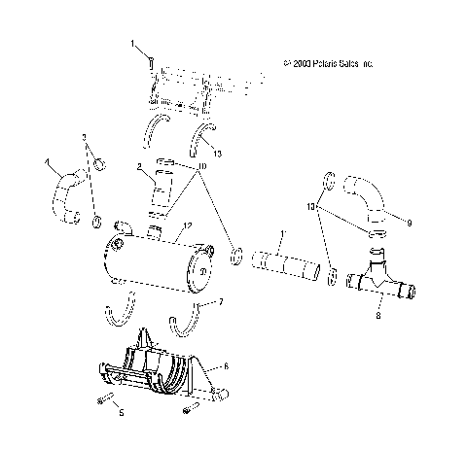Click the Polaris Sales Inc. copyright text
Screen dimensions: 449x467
pyautogui.click(x=328, y=63)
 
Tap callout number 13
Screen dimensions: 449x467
pyautogui.click(x=217, y=153)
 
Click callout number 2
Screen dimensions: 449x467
pyautogui.click(x=140, y=168)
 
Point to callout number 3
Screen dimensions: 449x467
pyautogui.click(x=84, y=136)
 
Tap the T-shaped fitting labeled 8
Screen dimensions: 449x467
pyautogui.click(x=381, y=282)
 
